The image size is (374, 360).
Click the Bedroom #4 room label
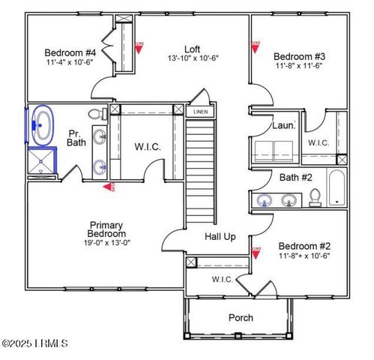click(70, 52)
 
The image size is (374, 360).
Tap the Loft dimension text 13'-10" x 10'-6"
click(192, 57)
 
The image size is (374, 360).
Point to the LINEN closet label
click(200, 112)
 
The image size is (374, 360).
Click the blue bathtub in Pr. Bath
click(42, 126)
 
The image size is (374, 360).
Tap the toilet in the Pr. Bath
click(96, 115)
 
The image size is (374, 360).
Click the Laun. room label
click(283, 126)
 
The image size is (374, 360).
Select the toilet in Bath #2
click(316, 196)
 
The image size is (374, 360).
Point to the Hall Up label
click(220, 236)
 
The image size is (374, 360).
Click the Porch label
click(241, 318)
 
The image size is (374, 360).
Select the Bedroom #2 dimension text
click(304, 255)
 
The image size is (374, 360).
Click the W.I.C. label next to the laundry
click(319, 142)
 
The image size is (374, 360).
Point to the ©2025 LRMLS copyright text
click(35, 344)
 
